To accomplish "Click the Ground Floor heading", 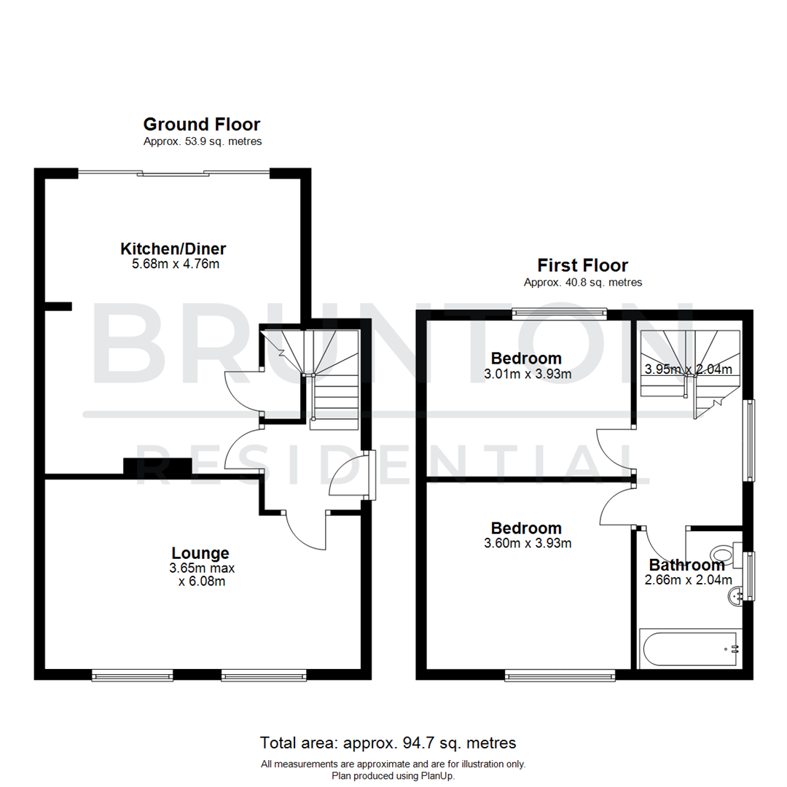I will [201, 125].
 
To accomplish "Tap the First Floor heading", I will [582, 265].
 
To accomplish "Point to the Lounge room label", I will [200, 553].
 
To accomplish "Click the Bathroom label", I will [686, 565].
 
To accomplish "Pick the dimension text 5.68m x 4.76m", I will [175, 264].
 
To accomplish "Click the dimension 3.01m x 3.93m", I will [526, 374].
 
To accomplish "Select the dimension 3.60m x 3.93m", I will [526, 543].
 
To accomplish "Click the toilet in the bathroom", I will [726, 552].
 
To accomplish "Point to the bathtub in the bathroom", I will [689, 649].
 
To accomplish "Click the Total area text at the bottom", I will [388, 743].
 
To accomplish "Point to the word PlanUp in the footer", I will [437, 776].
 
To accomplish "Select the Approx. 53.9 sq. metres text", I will [202, 142].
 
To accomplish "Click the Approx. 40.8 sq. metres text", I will [582, 283].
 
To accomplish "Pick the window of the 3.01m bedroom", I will [560, 313].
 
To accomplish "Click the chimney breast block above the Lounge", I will [157, 467].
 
